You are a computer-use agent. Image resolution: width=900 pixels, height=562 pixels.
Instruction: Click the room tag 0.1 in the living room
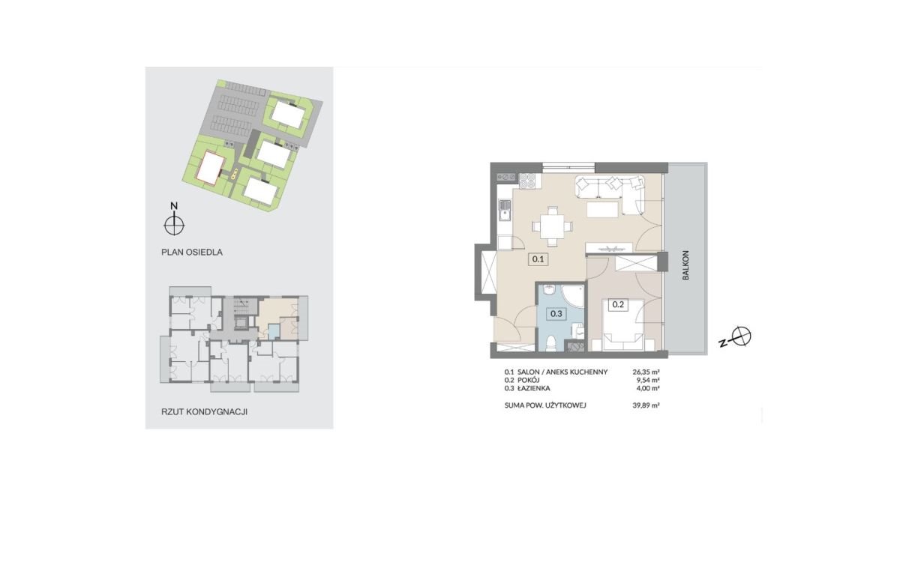tap(538, 259)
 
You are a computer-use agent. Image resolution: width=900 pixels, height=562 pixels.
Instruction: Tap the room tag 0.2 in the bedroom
tap(618, 305)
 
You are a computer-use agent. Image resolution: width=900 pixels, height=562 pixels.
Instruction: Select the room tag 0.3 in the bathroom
tap(556, 313)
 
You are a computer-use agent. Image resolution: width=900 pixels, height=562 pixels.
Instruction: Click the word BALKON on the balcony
tap(685, 265)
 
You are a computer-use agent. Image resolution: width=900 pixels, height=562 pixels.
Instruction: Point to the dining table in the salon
tap(553, 227)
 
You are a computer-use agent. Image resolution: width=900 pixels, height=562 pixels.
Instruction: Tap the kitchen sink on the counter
tap(504, 210)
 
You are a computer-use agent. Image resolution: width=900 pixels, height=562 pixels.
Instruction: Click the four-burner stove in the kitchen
tap(526, 181)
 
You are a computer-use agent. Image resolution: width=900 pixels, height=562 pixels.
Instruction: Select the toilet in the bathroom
tap(551, 343)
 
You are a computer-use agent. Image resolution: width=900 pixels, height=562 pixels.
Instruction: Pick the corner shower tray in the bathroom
tap(572, 296)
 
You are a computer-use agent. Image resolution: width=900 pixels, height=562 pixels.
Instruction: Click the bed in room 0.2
tap(622, 325)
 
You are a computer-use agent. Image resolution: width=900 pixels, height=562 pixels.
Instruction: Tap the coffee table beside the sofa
tap(602, 210)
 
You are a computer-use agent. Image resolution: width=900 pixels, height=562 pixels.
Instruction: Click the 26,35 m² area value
tap(646, 372)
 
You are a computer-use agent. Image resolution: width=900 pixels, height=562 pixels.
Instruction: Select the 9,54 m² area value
tap(648, 380)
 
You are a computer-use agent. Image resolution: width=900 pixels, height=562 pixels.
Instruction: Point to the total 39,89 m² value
tap(646, 405)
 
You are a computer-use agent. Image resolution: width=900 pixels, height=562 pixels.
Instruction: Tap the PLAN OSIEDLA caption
tap(192, 253)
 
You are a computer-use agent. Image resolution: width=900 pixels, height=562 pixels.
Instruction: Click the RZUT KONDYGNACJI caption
tap(204, 412)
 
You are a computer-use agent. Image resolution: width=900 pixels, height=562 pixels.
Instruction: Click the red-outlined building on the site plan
tap(211, 168)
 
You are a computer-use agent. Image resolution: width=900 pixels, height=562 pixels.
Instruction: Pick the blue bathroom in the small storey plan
tap(274, 332)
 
